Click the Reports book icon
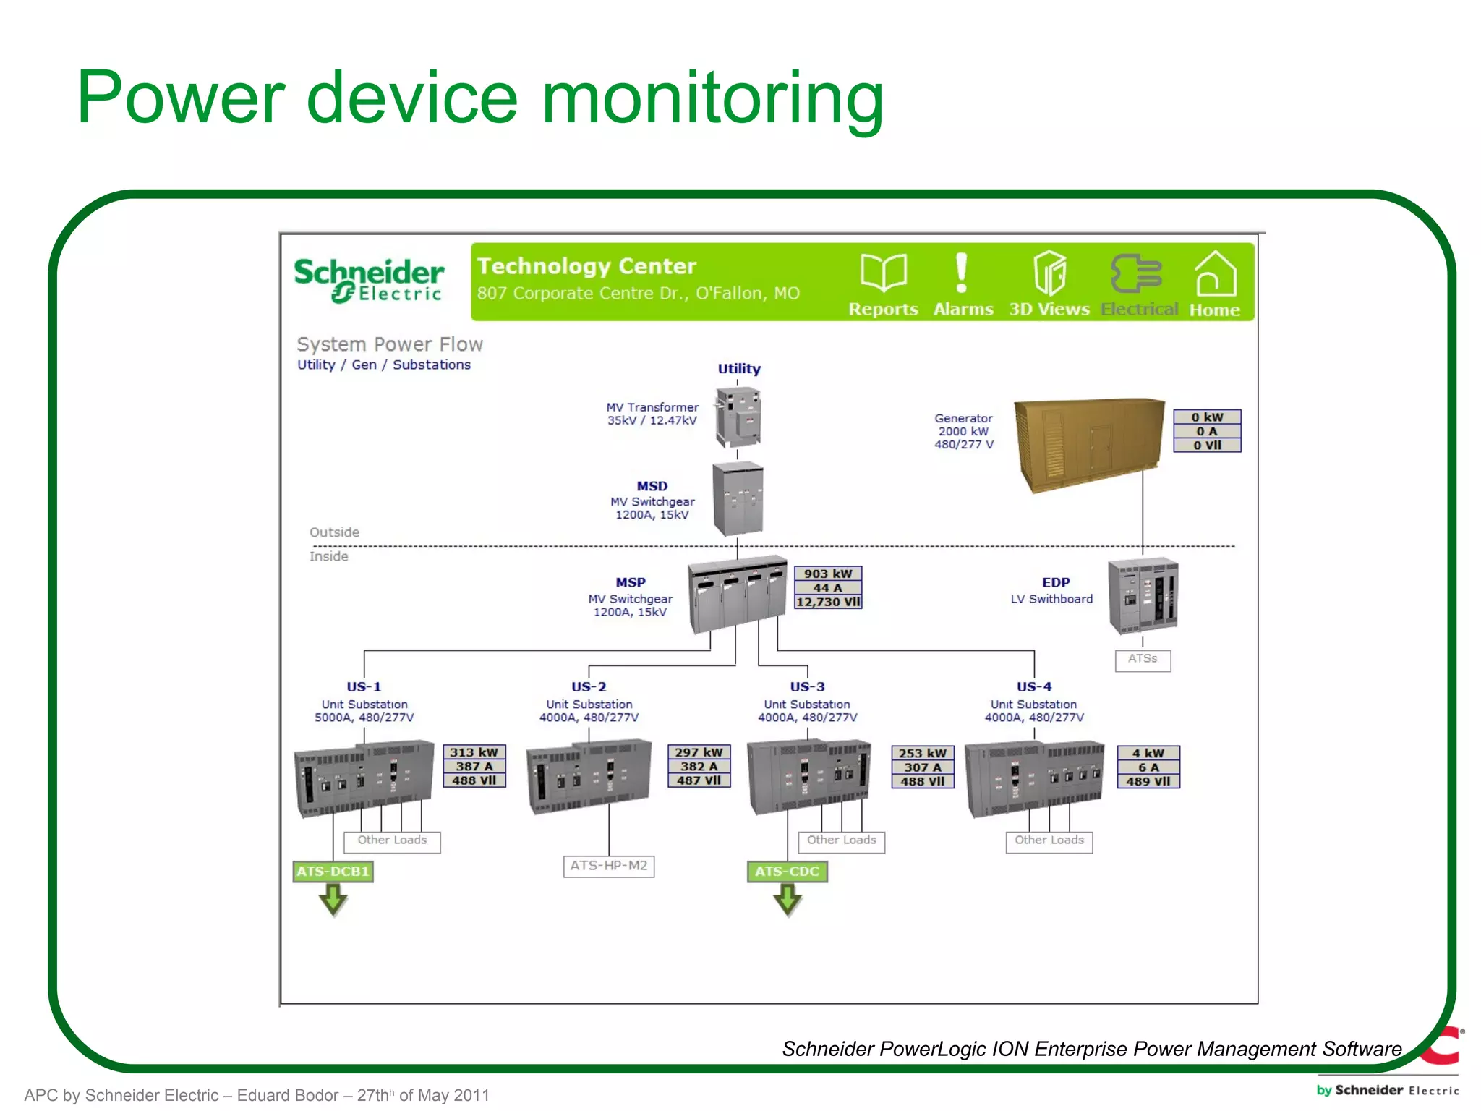pyautogui.click(x=883, y=273)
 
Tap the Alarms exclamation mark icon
pyautogui.click(x=961, y=273)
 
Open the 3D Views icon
pyautogui.click(x=1049, y=273)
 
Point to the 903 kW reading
pyautogui.click(x=828, y=574)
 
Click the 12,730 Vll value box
pyautogui.click(x=828, y=602)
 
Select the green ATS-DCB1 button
pyautogui.click(x=333, y=872)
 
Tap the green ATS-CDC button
pyautogui.click(x=787, y=872)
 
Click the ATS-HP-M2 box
pyautogui.click(x=609, y=866)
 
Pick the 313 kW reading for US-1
pyautogui.click(x=474, y=752)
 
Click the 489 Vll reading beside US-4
pyautogui.click(x=1148, y=781)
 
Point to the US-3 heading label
pyautogui.click(x=807, y=686)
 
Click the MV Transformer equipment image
pyautogui.click(x=738, y=417)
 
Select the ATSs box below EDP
pyautogui.click(x=1143, y=659)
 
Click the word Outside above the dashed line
pyautogui.click(x=334, y=532)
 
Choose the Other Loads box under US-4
pyautogui.click(x=1049, y=840)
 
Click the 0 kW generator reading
pyautogui.click(x=1207, y=417)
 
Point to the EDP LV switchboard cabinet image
pyautogui.click(x=1143, y=595)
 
